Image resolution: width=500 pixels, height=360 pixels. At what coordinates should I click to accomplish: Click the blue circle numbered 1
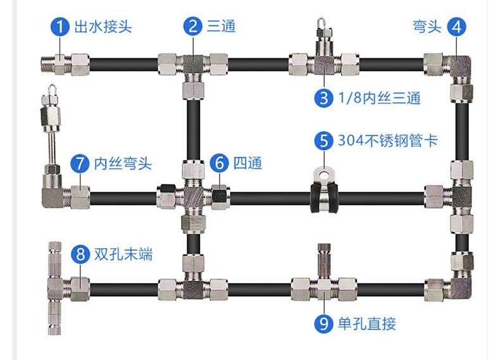[60, 27]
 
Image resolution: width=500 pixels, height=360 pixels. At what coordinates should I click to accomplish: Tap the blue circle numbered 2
[192, 27]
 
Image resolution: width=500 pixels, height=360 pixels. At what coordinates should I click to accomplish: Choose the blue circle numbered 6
[219, 163]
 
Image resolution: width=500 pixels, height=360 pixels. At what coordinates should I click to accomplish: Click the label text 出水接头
[103, 27]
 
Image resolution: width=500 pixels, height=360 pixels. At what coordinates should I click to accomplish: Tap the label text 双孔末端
[123, 254]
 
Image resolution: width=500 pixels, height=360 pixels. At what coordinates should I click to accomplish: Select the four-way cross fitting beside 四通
[192, 196]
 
